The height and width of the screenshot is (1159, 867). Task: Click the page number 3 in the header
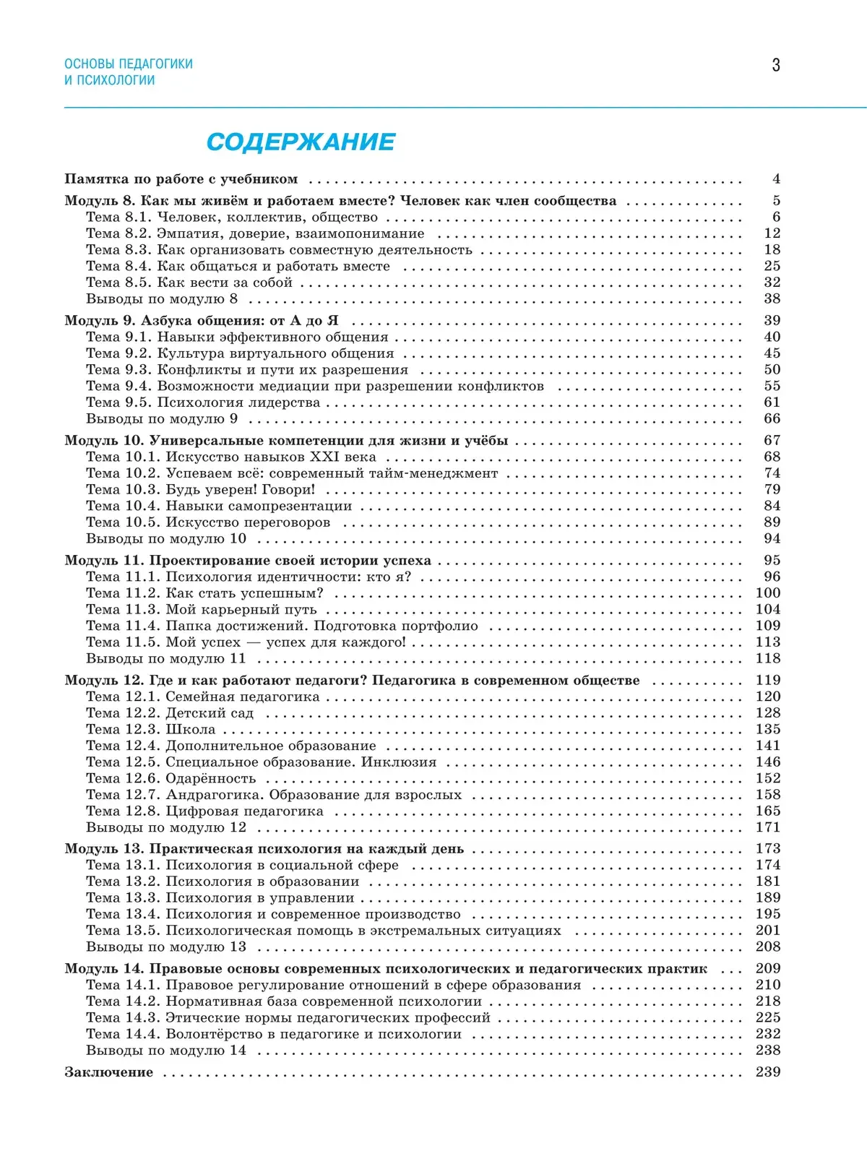[x=776, y=65]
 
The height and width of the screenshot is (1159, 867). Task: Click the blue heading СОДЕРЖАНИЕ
[x=301, y=142]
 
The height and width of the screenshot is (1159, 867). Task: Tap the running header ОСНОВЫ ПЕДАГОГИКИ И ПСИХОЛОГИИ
[x=128, y=72]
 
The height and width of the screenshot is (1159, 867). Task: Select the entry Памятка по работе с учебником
[x=181, y=179]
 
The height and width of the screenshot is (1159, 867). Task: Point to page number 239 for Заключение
[x=768, y=1072]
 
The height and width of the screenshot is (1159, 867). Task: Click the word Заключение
[x=108, y=1072]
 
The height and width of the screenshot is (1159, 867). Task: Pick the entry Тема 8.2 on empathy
[x=255, y=233]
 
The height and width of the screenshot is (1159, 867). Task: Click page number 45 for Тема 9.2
[x=772, y=353]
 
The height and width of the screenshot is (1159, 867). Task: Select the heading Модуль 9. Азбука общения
[x=201, y=321]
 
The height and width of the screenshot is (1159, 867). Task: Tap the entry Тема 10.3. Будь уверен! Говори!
[x=201, y=489]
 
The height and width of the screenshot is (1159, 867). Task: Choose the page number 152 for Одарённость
[x=768, y=778]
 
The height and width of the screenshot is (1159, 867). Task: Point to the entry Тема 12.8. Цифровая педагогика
[x=204, y=811]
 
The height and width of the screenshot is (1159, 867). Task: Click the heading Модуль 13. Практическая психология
[x=264, y=849]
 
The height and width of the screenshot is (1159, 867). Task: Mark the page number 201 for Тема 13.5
[x=768, y=931]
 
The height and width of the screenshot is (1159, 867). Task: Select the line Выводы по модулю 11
[x=166, y=658]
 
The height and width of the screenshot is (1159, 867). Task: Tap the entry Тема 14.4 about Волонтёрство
[x=274, y=1034]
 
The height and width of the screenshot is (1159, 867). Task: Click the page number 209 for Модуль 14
[x=768, y=968]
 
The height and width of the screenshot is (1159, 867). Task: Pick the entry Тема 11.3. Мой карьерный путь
[x=202, y=609]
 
